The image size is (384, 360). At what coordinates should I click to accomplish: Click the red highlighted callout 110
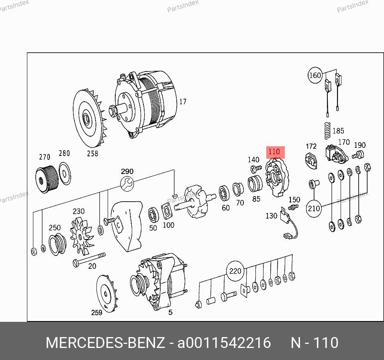(x=276, y=152)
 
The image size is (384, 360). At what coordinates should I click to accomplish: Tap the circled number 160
(x=315, y=75)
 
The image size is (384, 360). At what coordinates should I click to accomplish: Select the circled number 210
(x=314, y=209)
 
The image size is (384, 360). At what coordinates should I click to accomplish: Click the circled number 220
(x=235, y=271)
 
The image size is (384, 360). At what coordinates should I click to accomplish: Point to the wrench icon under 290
(x=127, y=184)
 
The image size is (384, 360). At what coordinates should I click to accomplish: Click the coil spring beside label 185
(x=327, y=131)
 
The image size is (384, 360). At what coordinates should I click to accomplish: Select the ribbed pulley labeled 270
(x=47, y=177)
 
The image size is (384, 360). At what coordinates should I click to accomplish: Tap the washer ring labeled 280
(x=65, y=174)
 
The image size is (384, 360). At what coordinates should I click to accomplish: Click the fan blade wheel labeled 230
(x=81, y=237)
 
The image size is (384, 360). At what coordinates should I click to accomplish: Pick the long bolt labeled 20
(x=89, y=259)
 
